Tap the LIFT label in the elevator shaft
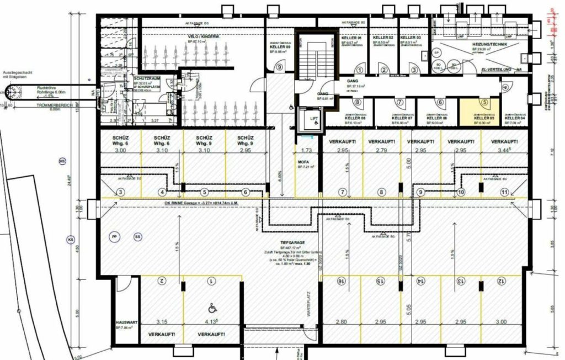coord(313,118)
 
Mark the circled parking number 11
coord(504,192)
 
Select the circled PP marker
coord(114,236)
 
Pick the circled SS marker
coord(137,236)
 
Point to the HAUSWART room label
coord(125,322)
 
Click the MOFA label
coord(302,161)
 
